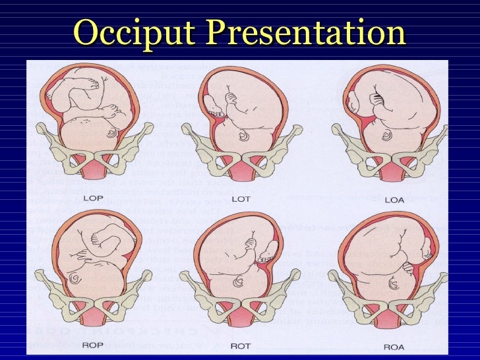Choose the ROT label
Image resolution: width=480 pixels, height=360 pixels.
click(240, 344)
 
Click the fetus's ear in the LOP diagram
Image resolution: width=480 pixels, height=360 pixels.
click(111, 134)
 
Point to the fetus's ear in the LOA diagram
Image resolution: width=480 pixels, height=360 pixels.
click(387, 136)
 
